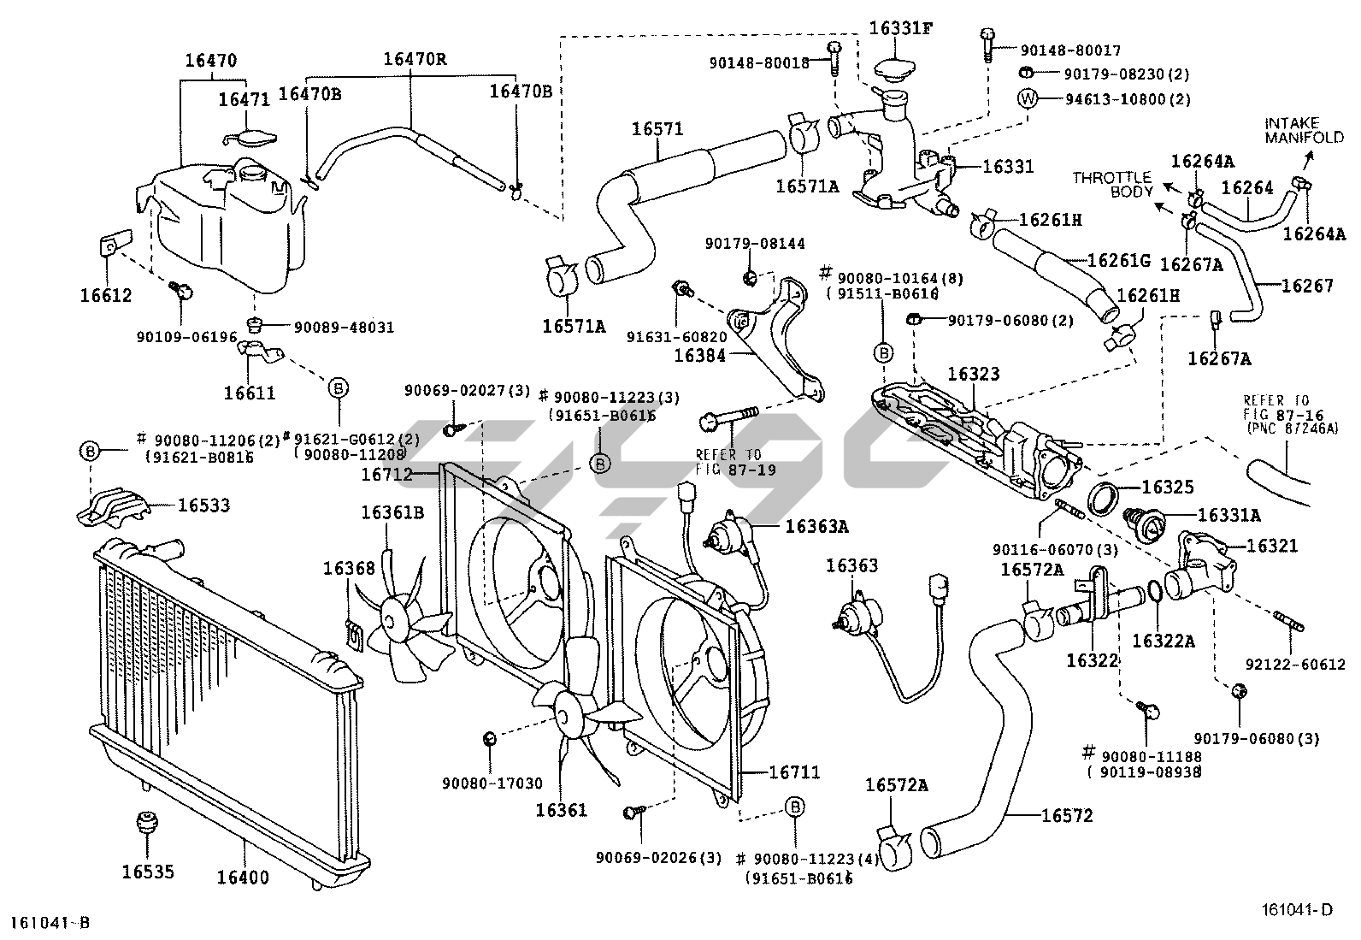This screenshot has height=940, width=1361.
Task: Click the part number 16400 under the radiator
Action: coord(242,876)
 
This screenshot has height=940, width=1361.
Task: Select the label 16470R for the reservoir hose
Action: coord(415,59)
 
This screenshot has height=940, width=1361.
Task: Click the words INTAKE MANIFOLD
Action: coord(1304,130)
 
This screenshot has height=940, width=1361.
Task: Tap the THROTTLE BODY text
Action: coord(1113,184)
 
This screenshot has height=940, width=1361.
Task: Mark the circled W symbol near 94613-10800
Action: coord(1027,98)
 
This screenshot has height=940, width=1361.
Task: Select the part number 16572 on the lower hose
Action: coord(1067,816)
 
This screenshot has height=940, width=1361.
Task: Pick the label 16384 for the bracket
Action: coord(699,355)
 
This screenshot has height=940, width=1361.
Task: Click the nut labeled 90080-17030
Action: coord(490,737)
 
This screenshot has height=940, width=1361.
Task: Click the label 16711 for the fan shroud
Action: coord(794,772)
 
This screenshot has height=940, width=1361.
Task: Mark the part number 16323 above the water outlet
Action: coord(973,375)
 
